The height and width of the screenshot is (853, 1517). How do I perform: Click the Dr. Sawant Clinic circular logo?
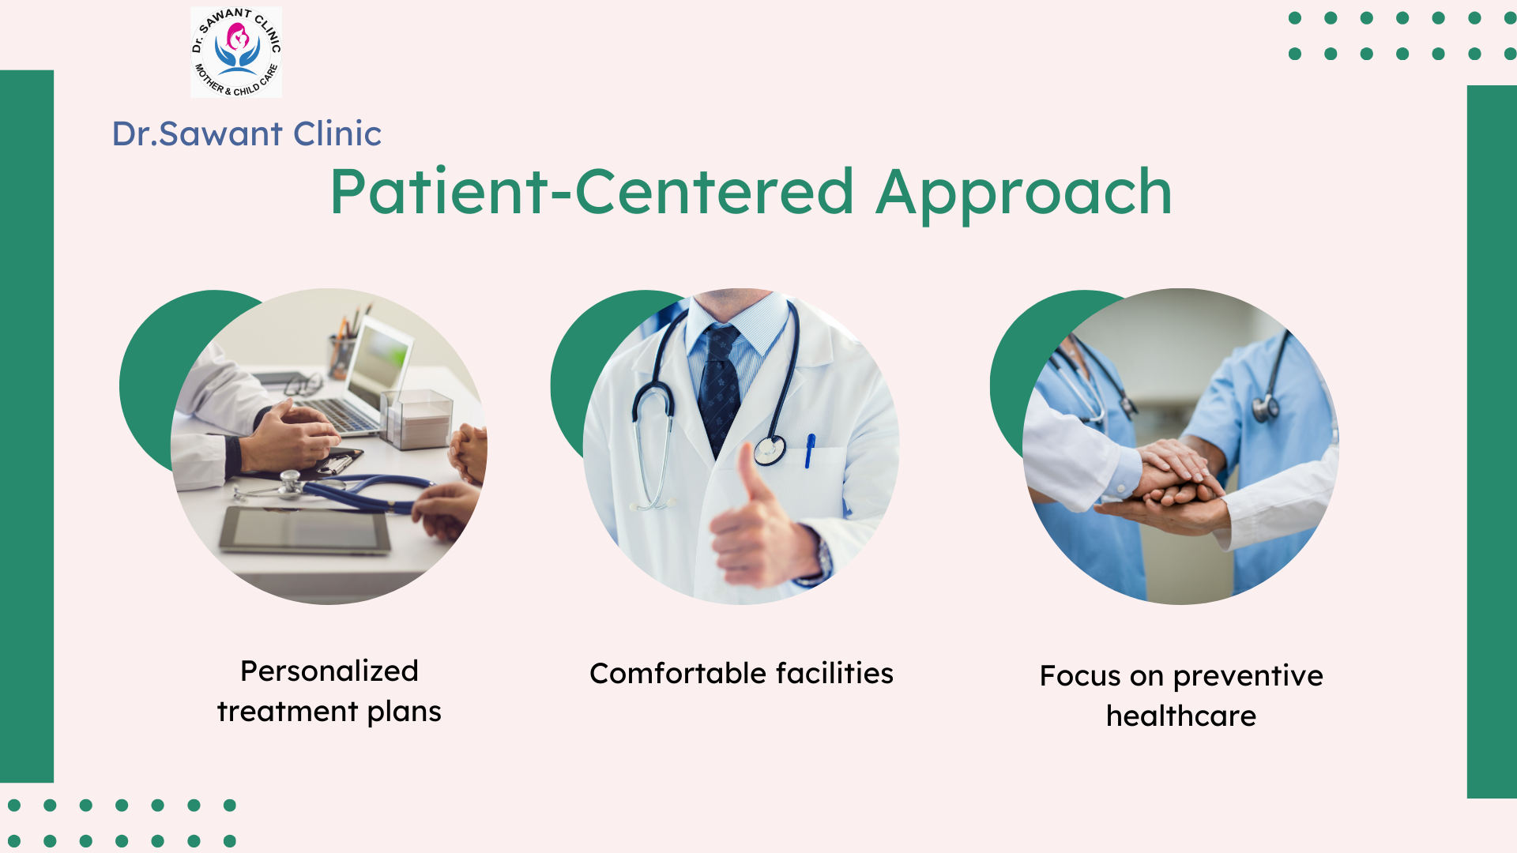236,52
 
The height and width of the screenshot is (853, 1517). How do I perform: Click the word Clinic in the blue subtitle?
337,133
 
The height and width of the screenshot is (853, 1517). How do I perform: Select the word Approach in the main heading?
1024,194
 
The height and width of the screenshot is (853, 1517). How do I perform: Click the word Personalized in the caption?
329,671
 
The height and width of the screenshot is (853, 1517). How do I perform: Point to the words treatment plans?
329,712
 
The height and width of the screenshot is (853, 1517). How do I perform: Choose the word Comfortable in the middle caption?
678,673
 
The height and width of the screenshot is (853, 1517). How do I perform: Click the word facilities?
834,673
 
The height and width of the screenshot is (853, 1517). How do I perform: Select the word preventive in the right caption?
1248,677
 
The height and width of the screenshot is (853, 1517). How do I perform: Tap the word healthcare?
1181,716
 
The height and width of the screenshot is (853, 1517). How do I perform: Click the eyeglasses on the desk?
303,385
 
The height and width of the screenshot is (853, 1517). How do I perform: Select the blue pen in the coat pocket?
809,451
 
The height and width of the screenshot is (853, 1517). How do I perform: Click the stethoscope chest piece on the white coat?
770,450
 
